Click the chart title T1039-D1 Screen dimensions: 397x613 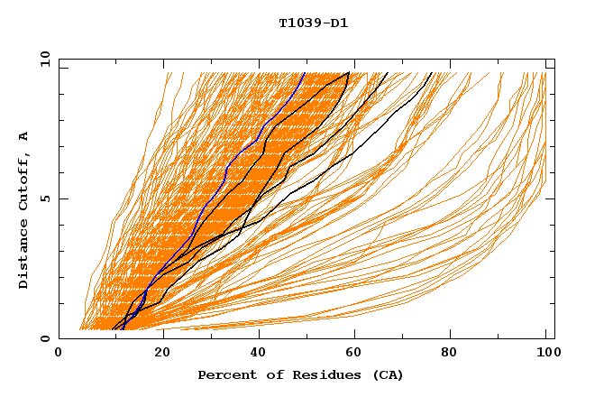(313, 23)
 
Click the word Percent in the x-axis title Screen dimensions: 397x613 (224, 374)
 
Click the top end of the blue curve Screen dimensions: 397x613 (305, 73)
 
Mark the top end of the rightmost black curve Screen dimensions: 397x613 (432, 73)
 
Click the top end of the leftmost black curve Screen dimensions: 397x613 (350, 73)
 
